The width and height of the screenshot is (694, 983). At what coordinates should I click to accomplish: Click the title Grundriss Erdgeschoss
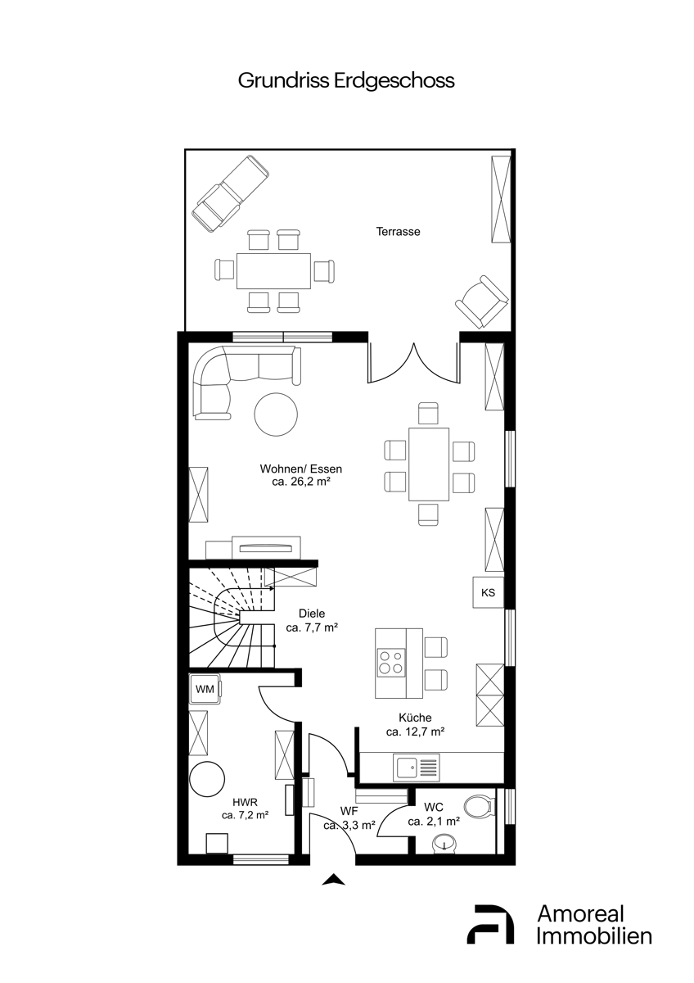[x=346, y=82]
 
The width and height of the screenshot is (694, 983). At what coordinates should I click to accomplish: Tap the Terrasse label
[x=398, y=231]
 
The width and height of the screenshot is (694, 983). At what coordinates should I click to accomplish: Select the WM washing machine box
[x=205, y=689]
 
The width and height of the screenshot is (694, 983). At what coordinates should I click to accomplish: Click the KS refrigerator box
[x=488, y=592]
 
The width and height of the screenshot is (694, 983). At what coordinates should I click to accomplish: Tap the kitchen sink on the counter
[x=416, y=768]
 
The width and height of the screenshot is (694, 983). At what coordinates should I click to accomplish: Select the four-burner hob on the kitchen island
[x=390, y=663]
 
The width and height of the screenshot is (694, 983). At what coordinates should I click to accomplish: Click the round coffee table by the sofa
[x=276, y=414]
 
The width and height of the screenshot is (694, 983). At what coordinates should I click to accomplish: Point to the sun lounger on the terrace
[x=231, y=191]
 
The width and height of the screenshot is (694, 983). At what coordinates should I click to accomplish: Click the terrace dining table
[x=273, y=271]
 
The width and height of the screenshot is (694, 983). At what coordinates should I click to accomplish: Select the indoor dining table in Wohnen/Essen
[x=429, y=464]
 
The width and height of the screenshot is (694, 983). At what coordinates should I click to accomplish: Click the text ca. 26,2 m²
[x=300, y=482]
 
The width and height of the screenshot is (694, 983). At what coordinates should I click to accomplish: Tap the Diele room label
[x=312, y=613]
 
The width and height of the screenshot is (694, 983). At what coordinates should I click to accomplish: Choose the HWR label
[x=245, y=803]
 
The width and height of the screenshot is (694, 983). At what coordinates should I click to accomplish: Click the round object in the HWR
[x=207, y=778]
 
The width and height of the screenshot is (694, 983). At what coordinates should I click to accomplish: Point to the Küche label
[x=415, y=718]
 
